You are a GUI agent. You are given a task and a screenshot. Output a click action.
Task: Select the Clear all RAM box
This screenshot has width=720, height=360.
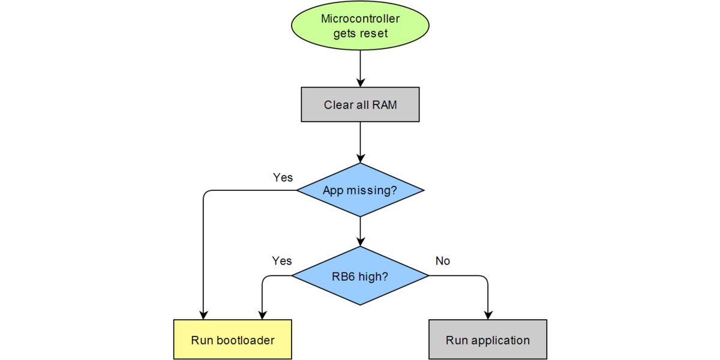[360, 105]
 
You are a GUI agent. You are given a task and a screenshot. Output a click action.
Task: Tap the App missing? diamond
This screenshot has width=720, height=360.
[360, 190]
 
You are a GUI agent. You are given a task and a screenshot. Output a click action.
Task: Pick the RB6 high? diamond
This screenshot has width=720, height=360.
[360, 276]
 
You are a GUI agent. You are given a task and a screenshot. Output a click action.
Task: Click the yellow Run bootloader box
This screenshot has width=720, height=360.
[233, 340]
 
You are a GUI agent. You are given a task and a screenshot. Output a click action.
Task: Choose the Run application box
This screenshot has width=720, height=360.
[487, 340]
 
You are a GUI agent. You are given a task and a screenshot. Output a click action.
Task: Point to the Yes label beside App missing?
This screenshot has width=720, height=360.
[283, 178]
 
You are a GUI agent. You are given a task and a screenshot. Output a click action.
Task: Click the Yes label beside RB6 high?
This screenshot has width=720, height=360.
[281, 261]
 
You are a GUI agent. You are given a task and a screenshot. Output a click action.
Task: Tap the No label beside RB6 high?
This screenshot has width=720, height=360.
[442, 261]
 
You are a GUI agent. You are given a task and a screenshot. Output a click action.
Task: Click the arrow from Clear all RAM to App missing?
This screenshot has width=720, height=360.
[360, 142]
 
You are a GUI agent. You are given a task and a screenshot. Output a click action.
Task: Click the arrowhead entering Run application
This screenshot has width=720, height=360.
[488, 314]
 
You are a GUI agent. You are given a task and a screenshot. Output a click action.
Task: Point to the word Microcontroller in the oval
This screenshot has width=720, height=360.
[360, 19]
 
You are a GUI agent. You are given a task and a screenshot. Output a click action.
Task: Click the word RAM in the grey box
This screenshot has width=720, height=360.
[385, 105]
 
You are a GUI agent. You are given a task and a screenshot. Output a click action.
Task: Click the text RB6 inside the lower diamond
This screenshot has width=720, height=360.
[343, 277]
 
